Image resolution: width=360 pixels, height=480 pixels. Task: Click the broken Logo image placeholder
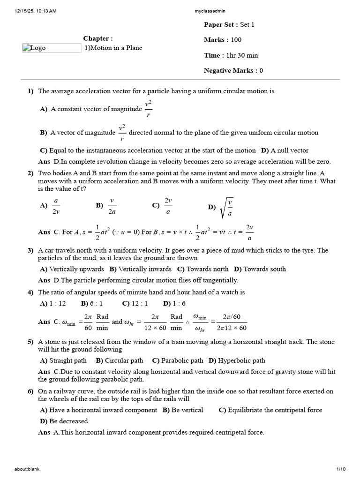tap(52, 48)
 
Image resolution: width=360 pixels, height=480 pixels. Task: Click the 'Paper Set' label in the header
tap(220, 25)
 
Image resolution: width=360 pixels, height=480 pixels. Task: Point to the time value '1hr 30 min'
tap(242, 55)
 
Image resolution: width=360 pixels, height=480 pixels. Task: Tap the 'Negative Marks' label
tap(229, 71)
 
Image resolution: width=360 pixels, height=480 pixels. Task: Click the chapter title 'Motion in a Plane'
tap(116, 48)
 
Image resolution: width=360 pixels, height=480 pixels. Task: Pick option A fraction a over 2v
tap(56, 205)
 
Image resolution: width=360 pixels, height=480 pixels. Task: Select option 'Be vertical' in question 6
tap(188, 410)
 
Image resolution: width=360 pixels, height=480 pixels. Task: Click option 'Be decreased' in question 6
tap(68, 421)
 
